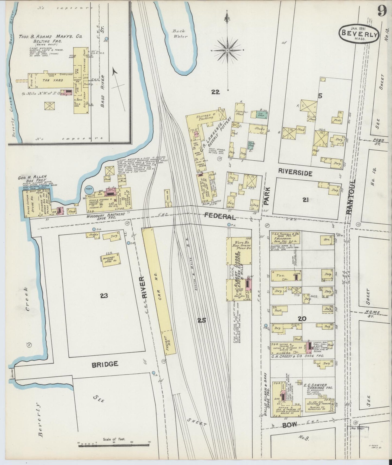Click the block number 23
pos(104,295)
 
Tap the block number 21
pos(305,200)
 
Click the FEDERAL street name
pos(220,216)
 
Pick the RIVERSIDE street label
pos(295,173)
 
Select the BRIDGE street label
pos(105,364)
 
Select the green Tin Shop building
pos(261,115)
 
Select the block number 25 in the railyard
pos(202,320)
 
